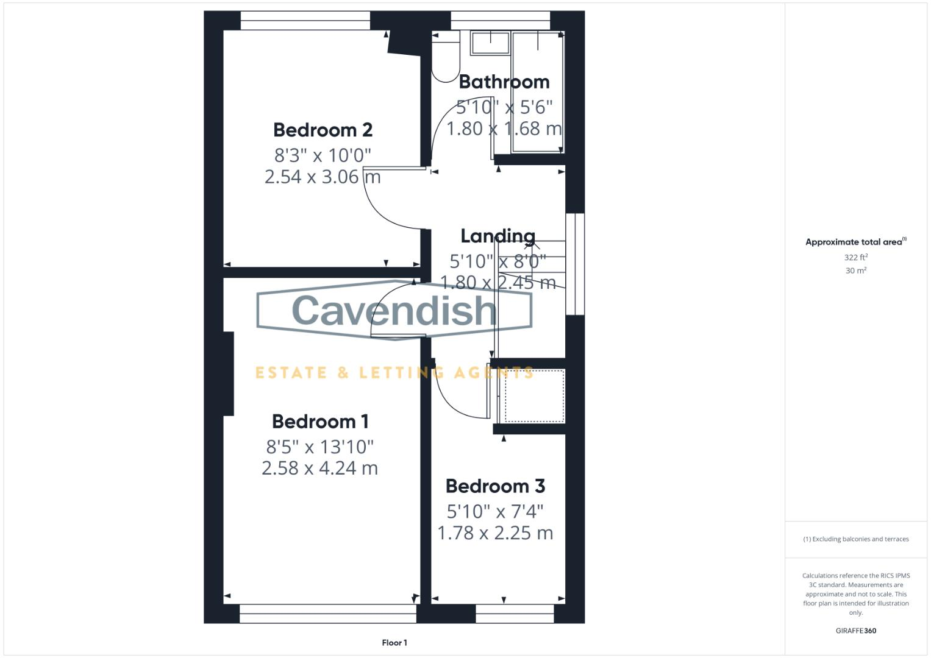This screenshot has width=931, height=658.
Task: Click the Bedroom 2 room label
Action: pos(323,130)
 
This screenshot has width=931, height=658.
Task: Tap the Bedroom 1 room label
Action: pos(320,421)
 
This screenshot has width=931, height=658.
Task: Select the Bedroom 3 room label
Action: pos(495,486)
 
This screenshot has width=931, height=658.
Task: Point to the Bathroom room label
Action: pos(504,82)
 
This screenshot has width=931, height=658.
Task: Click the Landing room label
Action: pos(498,236)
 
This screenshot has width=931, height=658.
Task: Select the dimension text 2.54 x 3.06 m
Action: pos(323,177)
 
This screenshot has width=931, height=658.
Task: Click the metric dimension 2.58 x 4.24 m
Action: pos(319,468)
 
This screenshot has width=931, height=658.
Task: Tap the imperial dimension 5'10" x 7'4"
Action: pos(495,511)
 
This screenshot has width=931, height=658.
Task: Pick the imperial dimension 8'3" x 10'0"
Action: pos(323,155)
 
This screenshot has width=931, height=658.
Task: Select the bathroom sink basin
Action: pos(490,43)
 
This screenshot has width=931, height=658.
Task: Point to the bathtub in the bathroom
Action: pos(538,91)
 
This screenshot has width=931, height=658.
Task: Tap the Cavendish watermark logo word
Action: pos(394,310)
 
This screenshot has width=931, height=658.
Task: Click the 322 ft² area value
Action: pos(855,258)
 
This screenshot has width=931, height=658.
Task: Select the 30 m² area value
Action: pos(855,271)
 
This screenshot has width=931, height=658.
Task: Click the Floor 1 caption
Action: pos(394,642)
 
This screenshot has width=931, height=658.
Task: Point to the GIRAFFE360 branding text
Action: pos(855,631)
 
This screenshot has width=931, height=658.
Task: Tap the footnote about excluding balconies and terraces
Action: pos(855,539)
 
